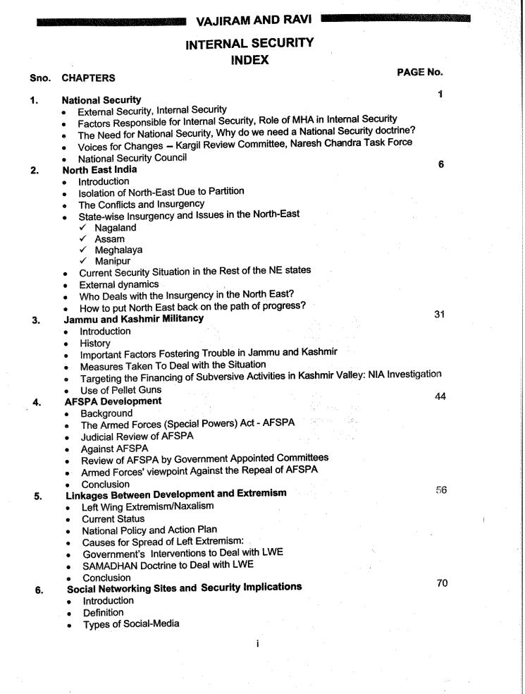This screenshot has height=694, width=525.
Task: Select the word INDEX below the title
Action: pos(249,61)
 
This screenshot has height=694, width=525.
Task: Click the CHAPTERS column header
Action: pos(89,78)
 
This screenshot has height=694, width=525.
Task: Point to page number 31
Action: pos(439,314)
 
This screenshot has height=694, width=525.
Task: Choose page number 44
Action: pos(440,397)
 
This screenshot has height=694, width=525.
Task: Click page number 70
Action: pos(442,583)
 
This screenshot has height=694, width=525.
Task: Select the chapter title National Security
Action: pos(101,100)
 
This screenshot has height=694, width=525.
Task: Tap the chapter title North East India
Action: pos(99,170)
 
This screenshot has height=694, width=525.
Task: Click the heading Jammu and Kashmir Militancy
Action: pos(133,319)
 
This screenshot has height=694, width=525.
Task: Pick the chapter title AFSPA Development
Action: pos(113,401)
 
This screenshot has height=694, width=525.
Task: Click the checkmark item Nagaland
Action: pos(116,228)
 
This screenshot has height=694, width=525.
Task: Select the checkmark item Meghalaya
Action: pos(120,250)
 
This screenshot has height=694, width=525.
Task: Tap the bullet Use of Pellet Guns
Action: pos(121,389)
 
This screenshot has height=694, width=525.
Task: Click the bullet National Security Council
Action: pos(132,158)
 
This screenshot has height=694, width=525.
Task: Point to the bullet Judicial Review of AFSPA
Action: pos(137,436)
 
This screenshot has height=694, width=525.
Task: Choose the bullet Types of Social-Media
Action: pos(130,623)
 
